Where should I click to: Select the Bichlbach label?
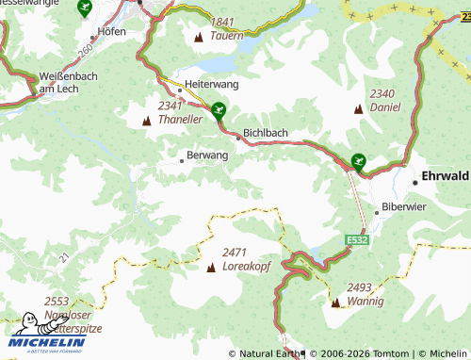(x=265, y=134)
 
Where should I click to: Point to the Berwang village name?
(x=207, y=155)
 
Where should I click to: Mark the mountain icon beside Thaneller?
(x=146, y=122)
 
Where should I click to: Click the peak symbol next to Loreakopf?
(x=211, y=268)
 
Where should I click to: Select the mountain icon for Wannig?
(x=335, y=303)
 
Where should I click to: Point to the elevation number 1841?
(x=222, y=22)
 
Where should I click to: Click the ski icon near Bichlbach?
(x=219, y=110)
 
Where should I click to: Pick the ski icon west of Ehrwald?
(x=357, y=162)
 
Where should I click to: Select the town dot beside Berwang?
(x=182, y=161)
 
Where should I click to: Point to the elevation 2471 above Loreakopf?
(x=235, y=253)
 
